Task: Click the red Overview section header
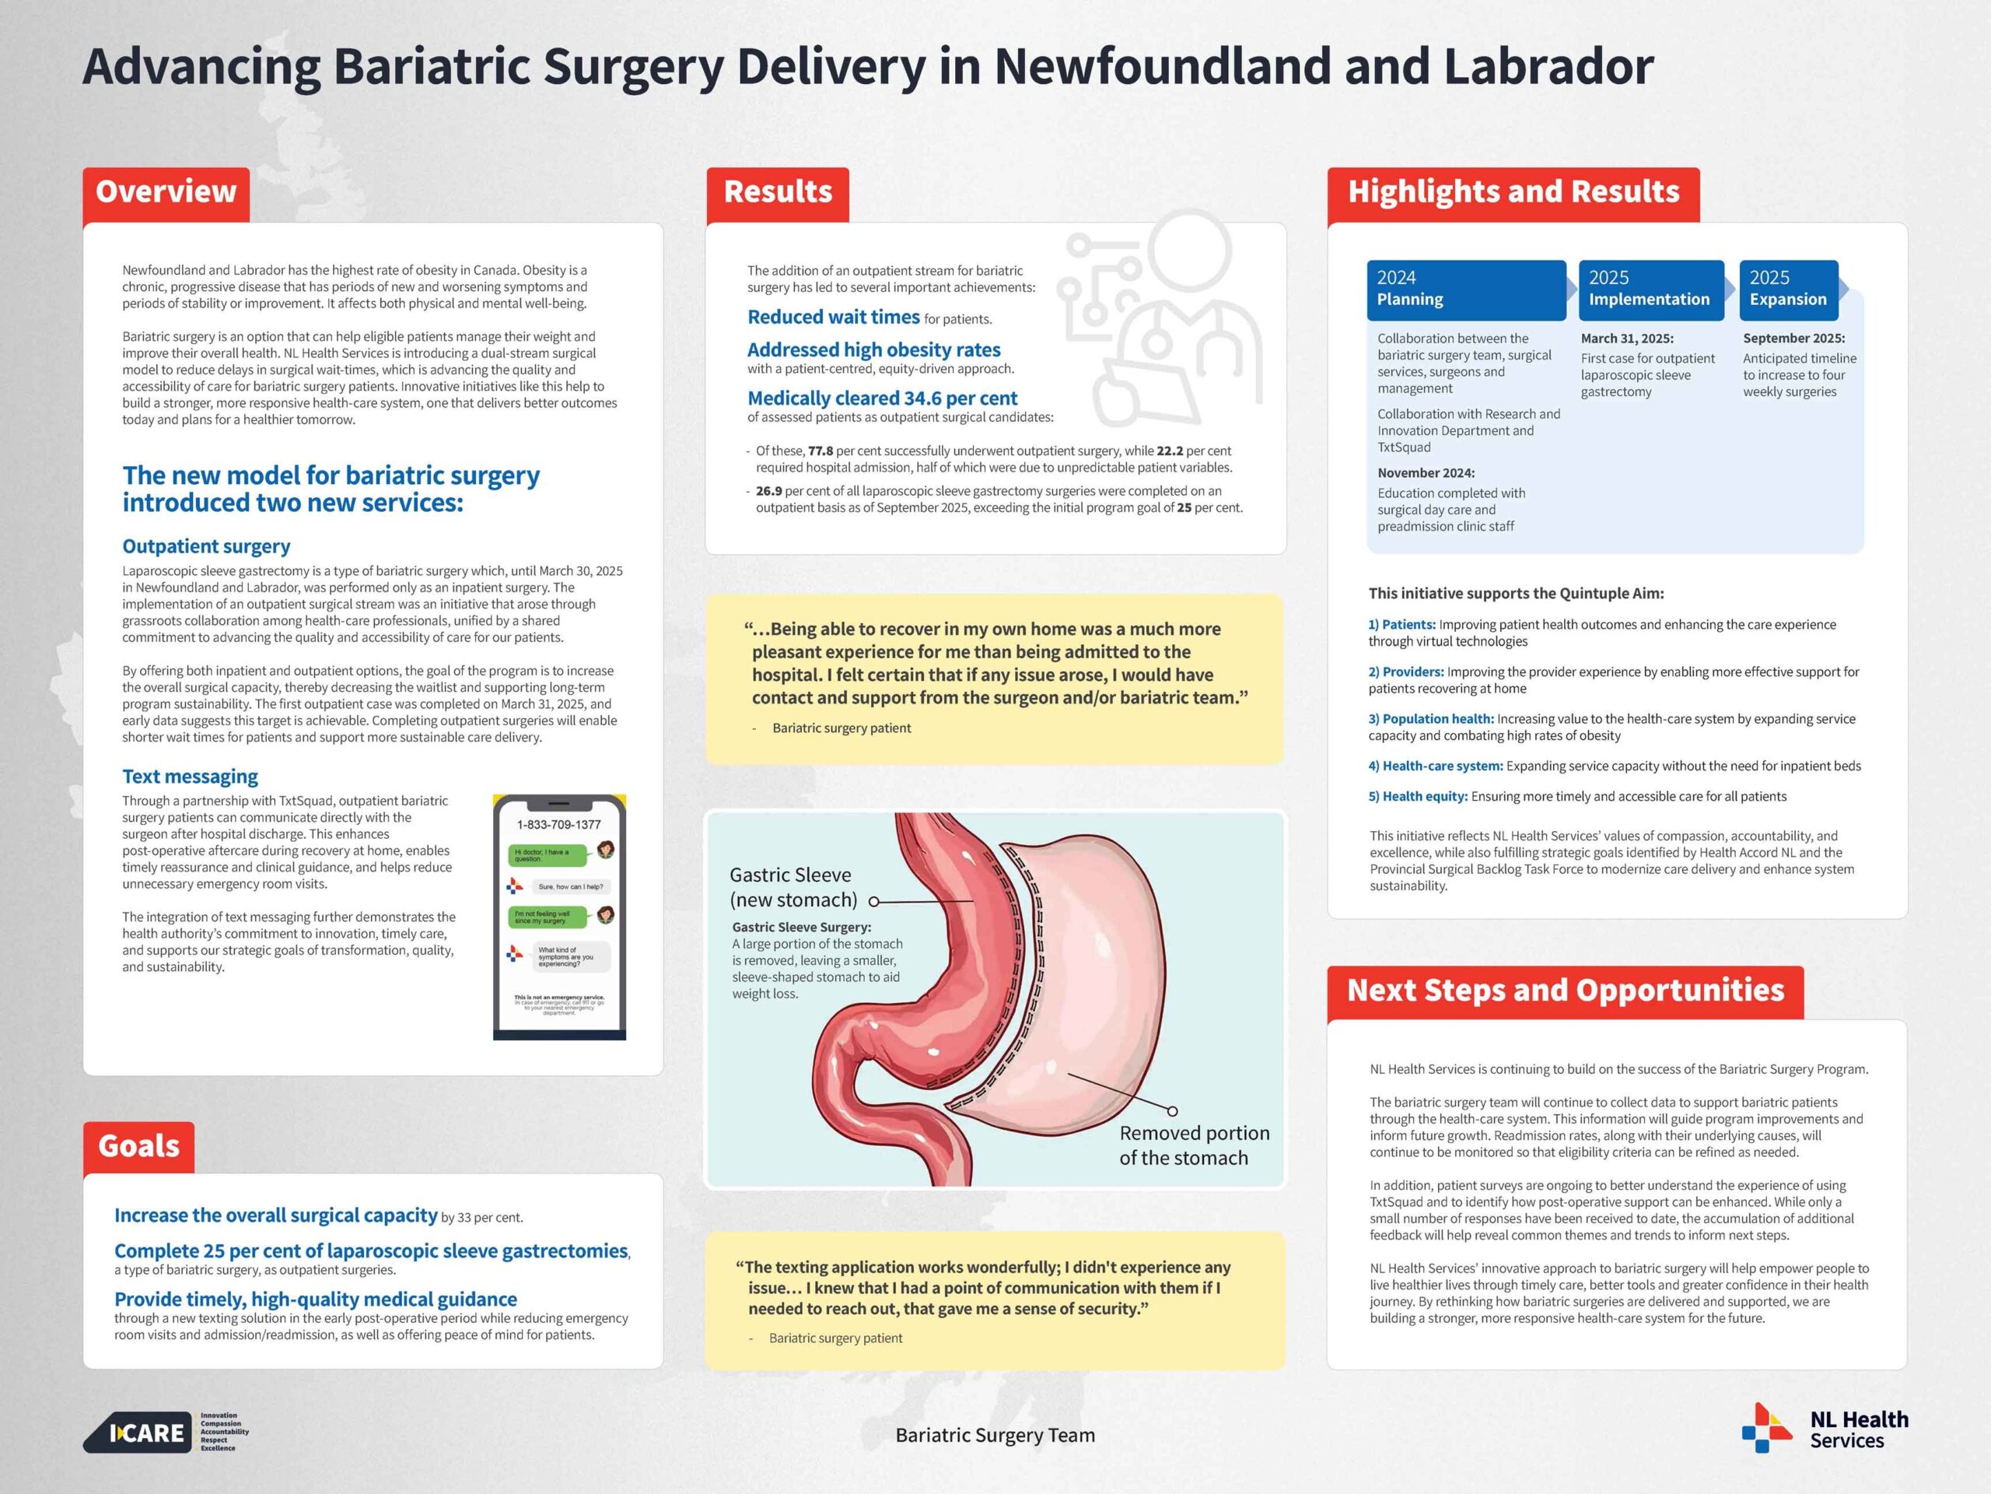click(166, 192)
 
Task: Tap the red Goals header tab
click(138, 1145)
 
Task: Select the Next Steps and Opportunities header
click(1566, 991)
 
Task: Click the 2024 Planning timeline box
click(1465, 289)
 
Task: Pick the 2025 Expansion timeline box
click(1787, 289)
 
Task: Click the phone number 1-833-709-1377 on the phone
click(559, 825)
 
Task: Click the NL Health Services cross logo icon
click(1766, 1429)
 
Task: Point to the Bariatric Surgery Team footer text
click(995, 1436)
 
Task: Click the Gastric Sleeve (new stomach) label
click(792, 887)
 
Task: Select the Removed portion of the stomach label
click(1194, 1145)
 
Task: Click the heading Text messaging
click(190, 777)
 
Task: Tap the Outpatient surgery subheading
click(206, 546)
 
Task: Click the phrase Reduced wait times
click(834, 317)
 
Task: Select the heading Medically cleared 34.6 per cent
click(882, 398)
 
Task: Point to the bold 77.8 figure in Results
click(820, 451)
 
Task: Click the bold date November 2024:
click(1426, 473)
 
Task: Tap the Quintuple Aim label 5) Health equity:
click(1418, 796)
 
